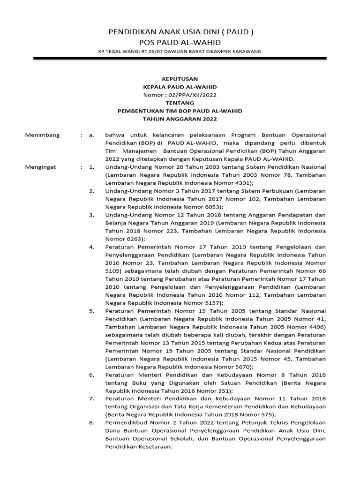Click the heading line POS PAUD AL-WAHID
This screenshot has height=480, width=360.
tap(180, 43)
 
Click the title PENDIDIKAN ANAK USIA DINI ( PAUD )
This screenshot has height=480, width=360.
tap(180, 32)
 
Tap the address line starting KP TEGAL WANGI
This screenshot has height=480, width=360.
tap(180, 52)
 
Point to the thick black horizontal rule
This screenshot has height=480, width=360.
tap(180, 59)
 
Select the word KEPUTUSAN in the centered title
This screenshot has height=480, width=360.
tap(180, 79)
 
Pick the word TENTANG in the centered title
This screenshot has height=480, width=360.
tap(180, 103)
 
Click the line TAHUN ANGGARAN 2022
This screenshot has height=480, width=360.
tap(180, 119)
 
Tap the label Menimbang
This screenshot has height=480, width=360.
tap(43, 135)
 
